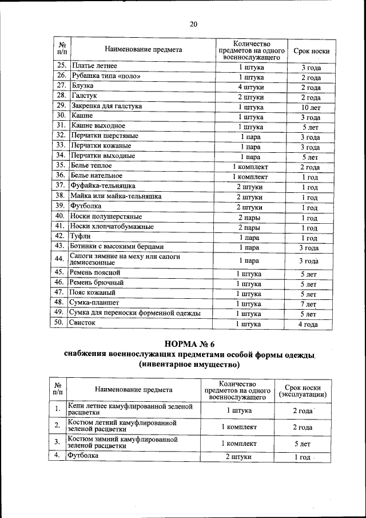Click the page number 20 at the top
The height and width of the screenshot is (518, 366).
[x=193, y=23]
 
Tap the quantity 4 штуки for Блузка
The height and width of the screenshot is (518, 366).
[x=250, y=87]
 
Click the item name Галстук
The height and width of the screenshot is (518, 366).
[x=84, y=97]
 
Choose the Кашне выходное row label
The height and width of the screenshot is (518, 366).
[x=98, y=126]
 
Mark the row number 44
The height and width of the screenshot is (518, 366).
[x=58, y=259]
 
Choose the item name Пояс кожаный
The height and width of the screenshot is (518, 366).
[x=93, y=292]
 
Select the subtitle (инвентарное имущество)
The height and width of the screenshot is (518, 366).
[x=189, y=364]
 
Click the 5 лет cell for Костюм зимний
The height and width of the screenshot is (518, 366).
[x=302, y=443]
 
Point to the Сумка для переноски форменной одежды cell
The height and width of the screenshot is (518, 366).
[x=135, y=313]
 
